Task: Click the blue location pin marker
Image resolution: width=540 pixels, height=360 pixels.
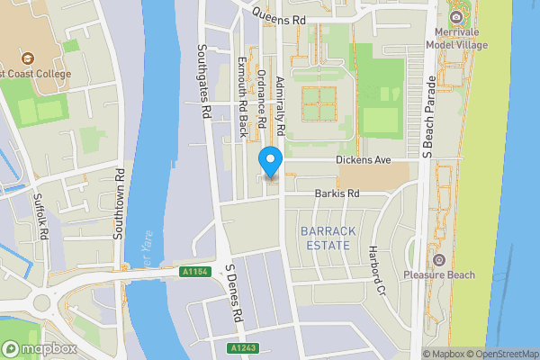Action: pos(271,162)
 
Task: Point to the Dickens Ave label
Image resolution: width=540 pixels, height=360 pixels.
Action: pos(363,160)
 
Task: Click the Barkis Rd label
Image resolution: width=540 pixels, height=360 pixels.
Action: pos(337,193)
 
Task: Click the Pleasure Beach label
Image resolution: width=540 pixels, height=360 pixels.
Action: pos(438,274)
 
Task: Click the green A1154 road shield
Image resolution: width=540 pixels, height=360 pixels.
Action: pos(194,272)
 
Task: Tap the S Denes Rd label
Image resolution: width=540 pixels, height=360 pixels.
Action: pos(236,294)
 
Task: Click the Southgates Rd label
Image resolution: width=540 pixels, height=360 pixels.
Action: pos(204,82)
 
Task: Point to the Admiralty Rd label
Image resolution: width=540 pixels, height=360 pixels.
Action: pos(281,106)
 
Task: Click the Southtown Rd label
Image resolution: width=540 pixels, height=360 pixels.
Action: pos(117,202)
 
